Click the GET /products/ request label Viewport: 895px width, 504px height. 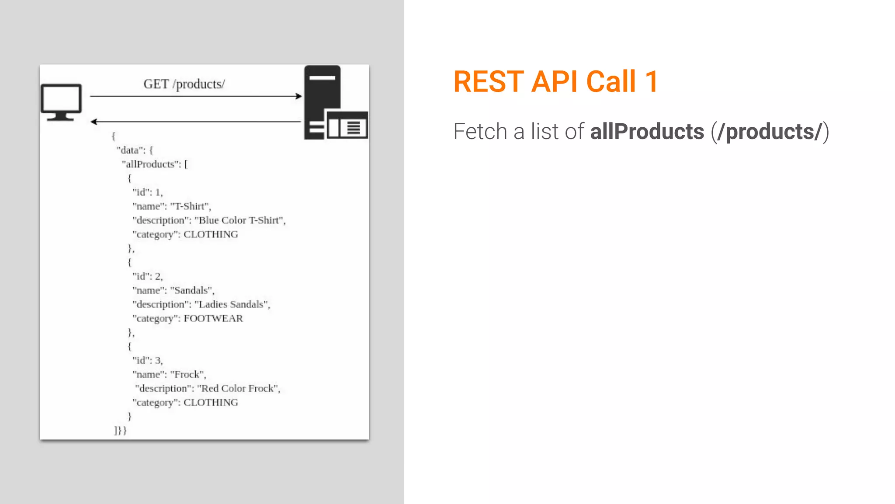tap(184, 84)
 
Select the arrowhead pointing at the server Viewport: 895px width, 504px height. tap(299, 96)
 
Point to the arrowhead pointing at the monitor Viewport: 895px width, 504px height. tap(94, 122)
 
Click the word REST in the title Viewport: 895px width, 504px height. tap(489, 82)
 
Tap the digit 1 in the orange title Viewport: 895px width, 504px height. tap(651, 82)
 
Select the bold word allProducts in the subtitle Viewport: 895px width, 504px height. tap(647, 132)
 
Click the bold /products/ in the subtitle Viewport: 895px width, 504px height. tap(770, 132)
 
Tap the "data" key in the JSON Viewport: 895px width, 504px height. tap(130, 150)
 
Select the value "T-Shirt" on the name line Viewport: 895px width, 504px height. tap(191, 206)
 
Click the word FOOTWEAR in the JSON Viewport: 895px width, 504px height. tap(213, 318)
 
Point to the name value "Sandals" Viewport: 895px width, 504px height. tap(192, 290)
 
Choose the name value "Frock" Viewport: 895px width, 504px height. tap(188, 374)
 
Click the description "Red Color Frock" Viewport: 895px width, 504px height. tap(239, 388)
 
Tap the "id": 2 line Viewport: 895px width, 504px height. tap(148, 276)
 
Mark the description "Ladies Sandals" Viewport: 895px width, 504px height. tap(232, 304)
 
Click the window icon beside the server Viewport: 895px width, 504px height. tap(347, 125)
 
